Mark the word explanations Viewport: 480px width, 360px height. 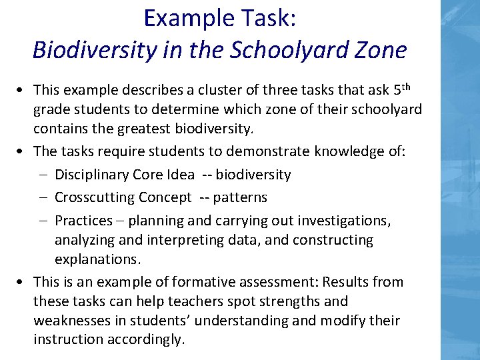tap(97, 259)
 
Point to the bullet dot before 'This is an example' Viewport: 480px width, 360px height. tap(23, 281)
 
